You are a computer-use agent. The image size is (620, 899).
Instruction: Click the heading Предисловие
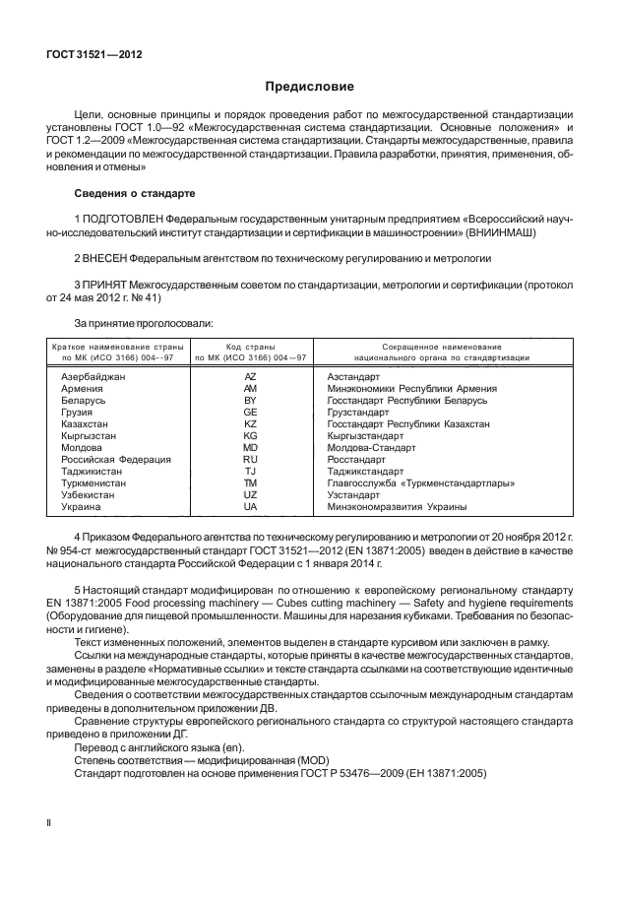pyautogui.click(x=309, y=87)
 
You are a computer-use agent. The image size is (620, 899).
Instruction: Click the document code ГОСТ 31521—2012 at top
pyautogui.click(x=94, y=54)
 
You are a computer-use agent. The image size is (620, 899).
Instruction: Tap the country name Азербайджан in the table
pyautogui.click(x=93, y=377)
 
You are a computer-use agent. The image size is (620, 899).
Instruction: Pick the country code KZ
pyautogui.click(x=250, y=423)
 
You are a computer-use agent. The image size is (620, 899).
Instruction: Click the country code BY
pyautogui.click(x=250, y=401)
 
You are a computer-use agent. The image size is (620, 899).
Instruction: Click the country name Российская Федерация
pyautogui.click(x=116, y=459)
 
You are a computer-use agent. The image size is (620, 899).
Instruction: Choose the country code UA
pyautogui.click(x=250, y=506)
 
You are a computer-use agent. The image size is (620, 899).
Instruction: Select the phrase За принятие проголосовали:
pyautogui.click(x=137, y=323)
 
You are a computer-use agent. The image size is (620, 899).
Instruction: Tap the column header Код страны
pyautogui.click(x=250, y=347)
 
